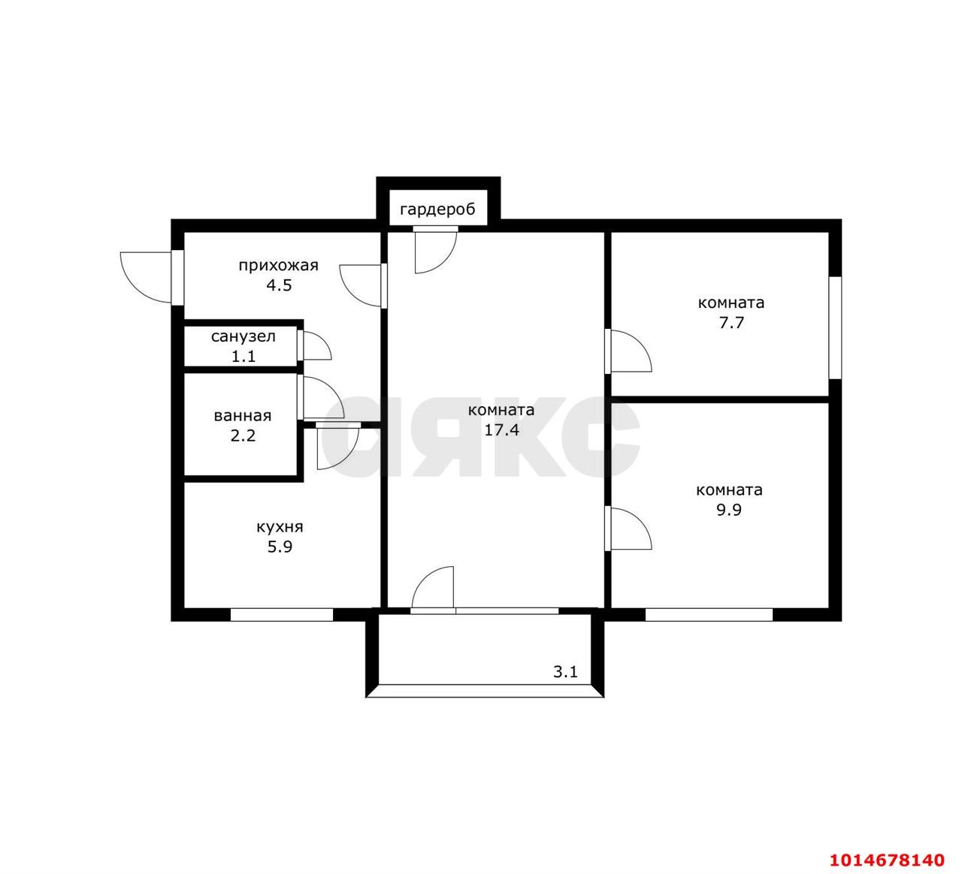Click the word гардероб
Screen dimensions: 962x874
tap(437, 210)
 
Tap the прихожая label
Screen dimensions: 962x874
tap(279, 266)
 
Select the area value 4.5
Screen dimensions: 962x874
tap(279, 285)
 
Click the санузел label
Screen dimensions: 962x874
tap(244, 337)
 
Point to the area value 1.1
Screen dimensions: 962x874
tap(244, 357)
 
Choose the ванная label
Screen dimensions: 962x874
tap(243, 416)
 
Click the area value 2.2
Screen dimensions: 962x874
tap(244, 435)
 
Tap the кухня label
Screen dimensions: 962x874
tap(280, 527)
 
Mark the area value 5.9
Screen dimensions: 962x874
tap(280, 547)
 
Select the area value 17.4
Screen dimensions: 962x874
tap(501, 429)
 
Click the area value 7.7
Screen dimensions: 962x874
tap(731, 322)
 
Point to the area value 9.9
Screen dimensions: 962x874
tap(729, 510)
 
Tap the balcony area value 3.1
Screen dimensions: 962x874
tap(565, 672)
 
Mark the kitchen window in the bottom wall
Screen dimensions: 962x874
tap(282, 615)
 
